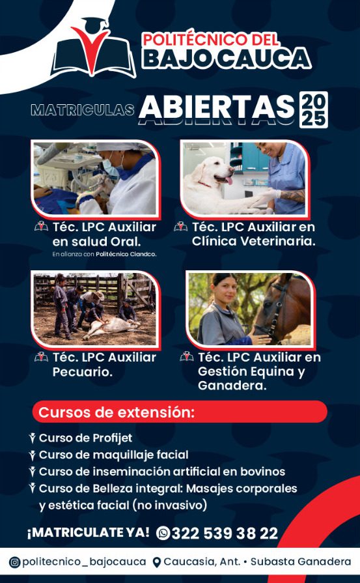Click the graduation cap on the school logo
click(x=96, y=23)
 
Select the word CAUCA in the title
click(x=264, y=59)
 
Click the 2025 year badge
click(x=314, y=110)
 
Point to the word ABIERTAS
click(x=217, y=107)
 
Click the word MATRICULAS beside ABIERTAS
click(x=82, y=110)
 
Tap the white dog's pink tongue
click(x=229, y=180)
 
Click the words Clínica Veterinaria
click(x=254, y=241)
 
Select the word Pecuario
click(x=83, y=372)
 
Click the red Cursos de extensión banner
click(x=180, y=412)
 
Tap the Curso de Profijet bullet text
click(x=85, y=438)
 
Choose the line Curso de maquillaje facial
click(x=114, y=455)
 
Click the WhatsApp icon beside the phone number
click(x=163, y=533)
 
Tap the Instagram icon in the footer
click(x=14, y=562)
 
